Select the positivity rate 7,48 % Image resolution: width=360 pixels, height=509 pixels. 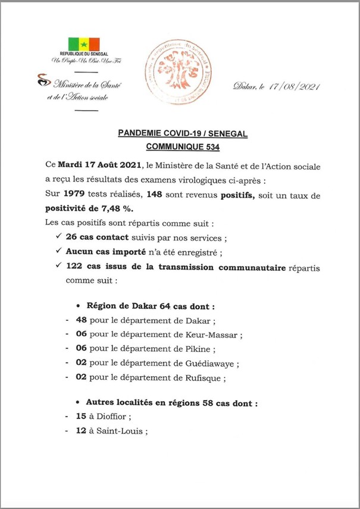(x=115, y=208)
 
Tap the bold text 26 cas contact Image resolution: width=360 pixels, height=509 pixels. (x=95, y=238)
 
